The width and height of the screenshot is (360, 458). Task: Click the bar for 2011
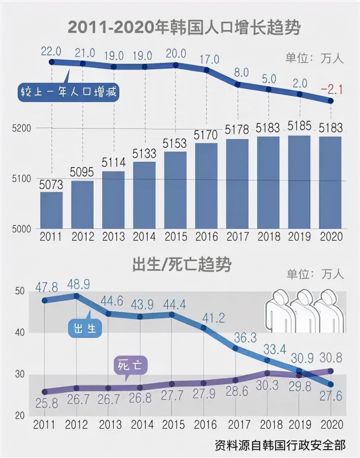(x=51, y=210)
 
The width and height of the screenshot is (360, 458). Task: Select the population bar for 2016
(x=206, y=186)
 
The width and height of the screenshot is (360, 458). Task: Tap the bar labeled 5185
(x=299, y=182)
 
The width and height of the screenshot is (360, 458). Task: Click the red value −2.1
(x=331, y=90)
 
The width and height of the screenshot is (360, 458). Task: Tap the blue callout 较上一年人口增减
(x=68, y=93)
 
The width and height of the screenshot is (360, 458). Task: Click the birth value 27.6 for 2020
(x=331, y=396)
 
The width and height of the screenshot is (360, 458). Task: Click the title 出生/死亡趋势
(x=182, y=265)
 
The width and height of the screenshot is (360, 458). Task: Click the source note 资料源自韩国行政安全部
(x=280, y=445)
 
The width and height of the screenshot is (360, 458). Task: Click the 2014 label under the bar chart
(x=144, y=237)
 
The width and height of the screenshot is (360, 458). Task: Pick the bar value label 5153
(x=175, y=144)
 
